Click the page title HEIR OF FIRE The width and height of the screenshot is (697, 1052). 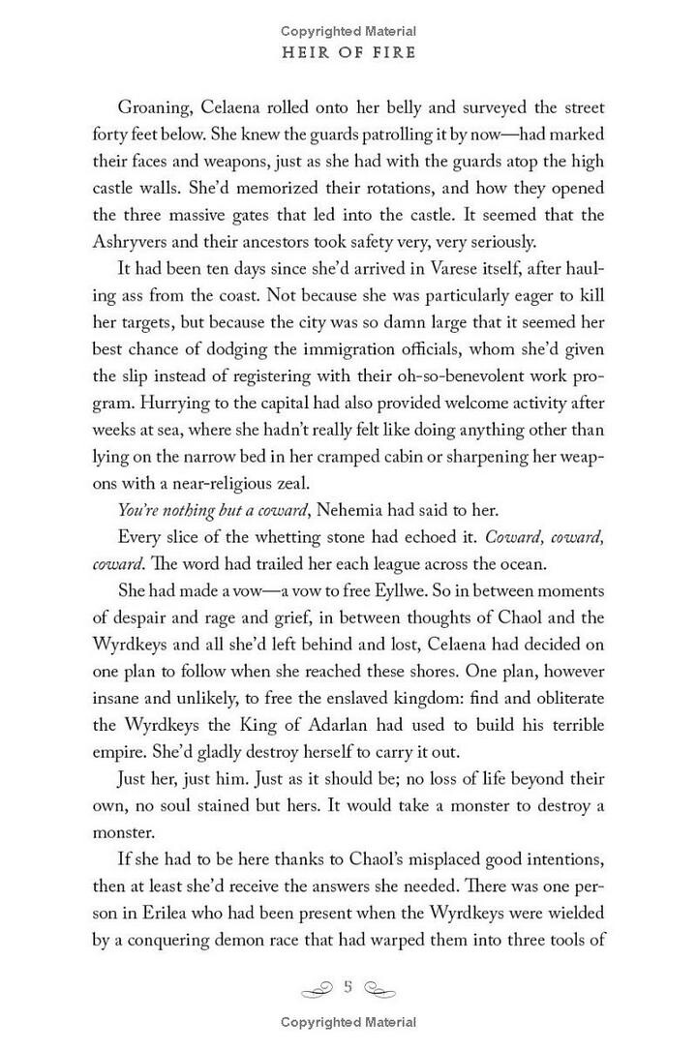tap(348, 54)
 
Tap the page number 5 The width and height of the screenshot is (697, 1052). tap(348, 986)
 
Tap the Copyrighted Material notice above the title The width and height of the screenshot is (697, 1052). tap(348, 31)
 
